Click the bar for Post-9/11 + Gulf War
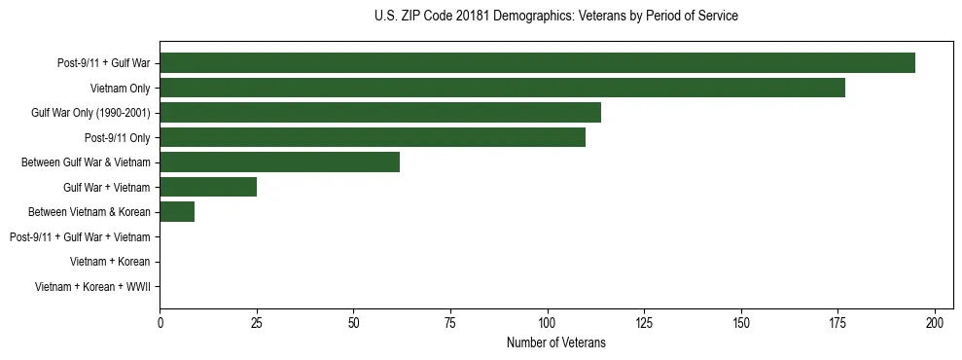tap(537, 63)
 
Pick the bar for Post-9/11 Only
tap(373, 137)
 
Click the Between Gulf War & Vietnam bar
tap(279, 162)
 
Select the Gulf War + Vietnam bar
tap(208, 187)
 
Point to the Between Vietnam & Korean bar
tap(177, 212)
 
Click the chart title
tap(555, 17)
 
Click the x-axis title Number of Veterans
tap(555, 342)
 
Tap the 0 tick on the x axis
tap(160, 322)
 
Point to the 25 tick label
tap(257, 322)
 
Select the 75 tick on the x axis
tap(450, 322)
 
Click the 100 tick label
tap(548, 322)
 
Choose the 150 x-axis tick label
tap(741, 322)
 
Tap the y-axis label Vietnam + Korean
tap(110, 262)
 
